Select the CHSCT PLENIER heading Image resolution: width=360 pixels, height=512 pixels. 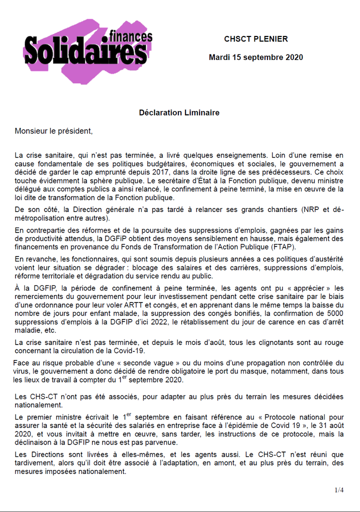[255, 39]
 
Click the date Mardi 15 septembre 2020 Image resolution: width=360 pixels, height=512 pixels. [255, 57]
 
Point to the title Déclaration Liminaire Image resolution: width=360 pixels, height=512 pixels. [179, 112]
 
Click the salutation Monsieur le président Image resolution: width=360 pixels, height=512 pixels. [54, 131]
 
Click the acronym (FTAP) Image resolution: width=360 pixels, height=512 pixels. [284, 247]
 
